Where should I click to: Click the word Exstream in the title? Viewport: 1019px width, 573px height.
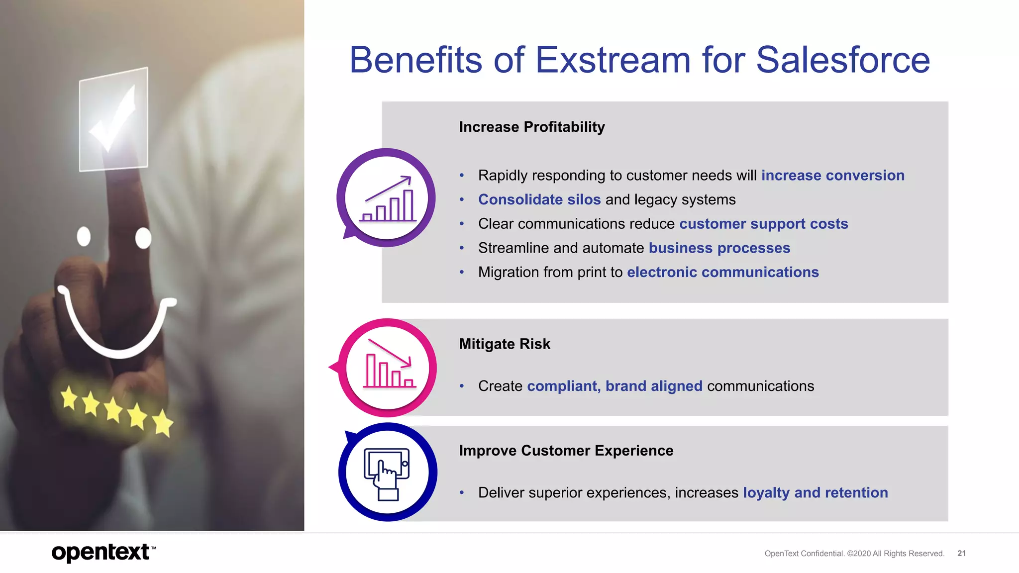coord(612,60)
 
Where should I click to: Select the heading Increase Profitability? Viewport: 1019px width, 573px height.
coord(531,127)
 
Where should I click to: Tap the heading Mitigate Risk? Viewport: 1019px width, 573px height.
coord(504,344)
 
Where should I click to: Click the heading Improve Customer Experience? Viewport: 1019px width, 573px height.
coord(566,451)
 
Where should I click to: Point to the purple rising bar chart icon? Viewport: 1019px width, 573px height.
coord(387,198)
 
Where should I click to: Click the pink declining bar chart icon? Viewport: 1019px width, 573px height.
coord(388,368)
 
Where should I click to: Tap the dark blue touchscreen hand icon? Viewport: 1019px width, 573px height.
coord(388,473)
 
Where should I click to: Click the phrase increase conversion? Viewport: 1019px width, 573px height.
coord(832,176)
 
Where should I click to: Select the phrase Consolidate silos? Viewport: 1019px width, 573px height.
coord(539,200)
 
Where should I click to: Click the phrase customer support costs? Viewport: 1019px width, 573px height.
coord(763,224)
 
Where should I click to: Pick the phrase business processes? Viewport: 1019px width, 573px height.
coord(719,248)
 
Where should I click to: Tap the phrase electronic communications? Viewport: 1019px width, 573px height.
coord(722,273)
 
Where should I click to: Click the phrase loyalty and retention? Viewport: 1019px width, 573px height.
coord(815,493)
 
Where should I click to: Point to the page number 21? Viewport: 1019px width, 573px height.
coord(961,554)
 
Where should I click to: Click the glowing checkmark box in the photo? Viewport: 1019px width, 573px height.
coord(114,120)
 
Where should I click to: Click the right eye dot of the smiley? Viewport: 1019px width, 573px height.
coord(143,238)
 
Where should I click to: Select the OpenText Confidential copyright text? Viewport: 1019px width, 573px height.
coord(854,554)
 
